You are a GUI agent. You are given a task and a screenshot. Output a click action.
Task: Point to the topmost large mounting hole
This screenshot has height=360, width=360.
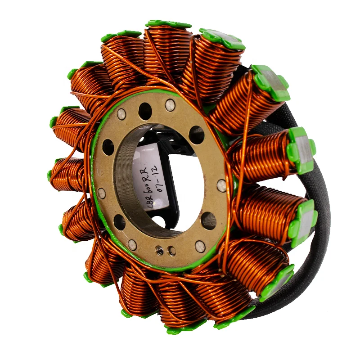(145, 109)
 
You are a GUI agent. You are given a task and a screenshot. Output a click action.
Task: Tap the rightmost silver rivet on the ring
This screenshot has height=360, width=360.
(221, 184)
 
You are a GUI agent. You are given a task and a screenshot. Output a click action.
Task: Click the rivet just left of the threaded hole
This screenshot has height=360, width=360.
(132, 244)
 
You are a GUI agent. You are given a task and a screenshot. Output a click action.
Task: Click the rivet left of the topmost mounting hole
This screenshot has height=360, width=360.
(121, 114)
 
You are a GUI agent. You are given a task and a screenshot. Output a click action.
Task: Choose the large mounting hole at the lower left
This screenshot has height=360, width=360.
(119, 222)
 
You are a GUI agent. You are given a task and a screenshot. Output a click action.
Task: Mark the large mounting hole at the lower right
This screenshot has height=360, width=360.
(209, 220)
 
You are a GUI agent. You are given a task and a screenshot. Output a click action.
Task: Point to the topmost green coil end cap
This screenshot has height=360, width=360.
(167, 24)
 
